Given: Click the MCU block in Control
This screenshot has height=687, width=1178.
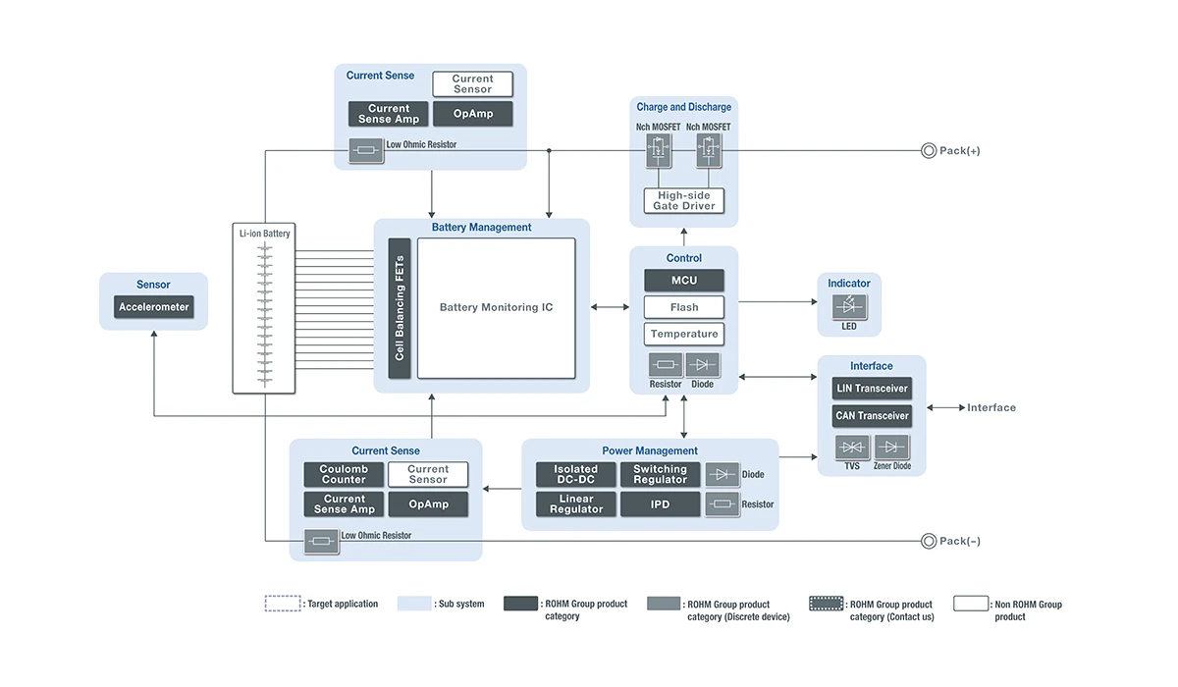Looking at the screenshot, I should click(684, 280).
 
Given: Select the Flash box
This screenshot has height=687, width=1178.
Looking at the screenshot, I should click(684, 307).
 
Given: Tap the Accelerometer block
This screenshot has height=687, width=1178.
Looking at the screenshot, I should click(153, 307).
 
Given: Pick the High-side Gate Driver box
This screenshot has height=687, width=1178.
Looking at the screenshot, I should click(684, 200).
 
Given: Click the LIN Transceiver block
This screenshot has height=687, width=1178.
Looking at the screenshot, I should click(872, 389).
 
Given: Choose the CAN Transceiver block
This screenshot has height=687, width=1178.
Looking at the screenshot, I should click(872, 416).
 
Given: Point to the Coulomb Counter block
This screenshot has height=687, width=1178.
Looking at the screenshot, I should click(344, 475).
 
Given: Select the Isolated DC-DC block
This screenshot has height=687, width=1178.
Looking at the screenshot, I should click(575, 475).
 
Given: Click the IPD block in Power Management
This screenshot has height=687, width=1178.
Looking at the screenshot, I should click(660, 504).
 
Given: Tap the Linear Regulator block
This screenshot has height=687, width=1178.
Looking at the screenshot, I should click(575, 504).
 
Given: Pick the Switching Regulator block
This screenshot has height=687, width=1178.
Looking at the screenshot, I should click(660, 475).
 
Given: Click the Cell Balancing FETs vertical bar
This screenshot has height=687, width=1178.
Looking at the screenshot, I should click(400, 307).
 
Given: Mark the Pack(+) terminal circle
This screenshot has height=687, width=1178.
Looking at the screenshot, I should click(928, 150).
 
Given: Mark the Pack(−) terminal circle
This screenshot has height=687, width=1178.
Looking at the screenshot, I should click(928, 541).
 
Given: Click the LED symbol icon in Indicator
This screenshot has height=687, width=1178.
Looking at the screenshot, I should click(849, 306).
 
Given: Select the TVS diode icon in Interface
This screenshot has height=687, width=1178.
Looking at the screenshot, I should click(851, 448).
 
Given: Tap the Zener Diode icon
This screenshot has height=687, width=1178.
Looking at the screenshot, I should click(891, 448).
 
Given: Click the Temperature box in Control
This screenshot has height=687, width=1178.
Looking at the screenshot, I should click(684, 335).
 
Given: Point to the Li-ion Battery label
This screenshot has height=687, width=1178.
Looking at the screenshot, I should click(264, 234).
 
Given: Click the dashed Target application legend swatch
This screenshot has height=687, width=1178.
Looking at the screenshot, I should click(283, 604).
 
